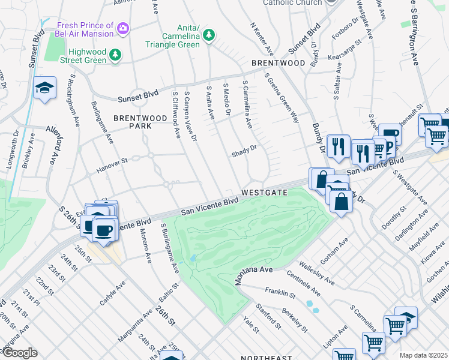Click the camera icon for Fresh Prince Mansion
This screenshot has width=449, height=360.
pyautogui.click(x=124, y=28)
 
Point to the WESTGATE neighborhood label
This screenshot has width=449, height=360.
pyautogui.click(x=265, y=193)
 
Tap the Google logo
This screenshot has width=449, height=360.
pyautogui.click(x=20, y=353)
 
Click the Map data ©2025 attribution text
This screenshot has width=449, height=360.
pyautogui.click(x=423, y=355)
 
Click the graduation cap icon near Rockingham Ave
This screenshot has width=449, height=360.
pyautogui.click(x=44, y=88)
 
